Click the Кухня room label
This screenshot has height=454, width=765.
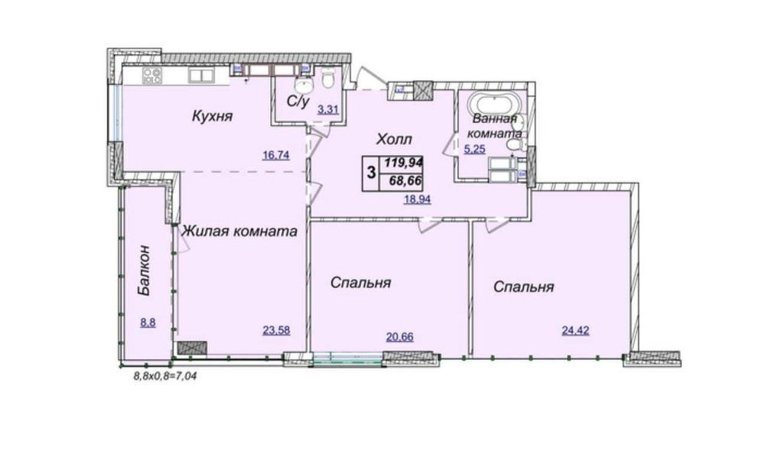[x=212, y=116]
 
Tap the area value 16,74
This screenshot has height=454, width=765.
[x=276, y=155]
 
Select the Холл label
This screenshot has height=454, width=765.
[x=394, y=139]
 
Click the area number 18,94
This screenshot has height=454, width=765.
[x=417, y=199]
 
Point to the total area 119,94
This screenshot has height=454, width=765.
[x=403, y=162]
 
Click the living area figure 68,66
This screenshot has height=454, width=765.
[x=405, y=181]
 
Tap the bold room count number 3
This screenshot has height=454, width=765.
[x=371, y=172]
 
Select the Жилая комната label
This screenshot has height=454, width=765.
[x=239, y=231]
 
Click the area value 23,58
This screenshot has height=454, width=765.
[x=277, y=330]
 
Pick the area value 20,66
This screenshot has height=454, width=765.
[x=399, y=336]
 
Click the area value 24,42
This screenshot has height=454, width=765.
[x=575, y=330]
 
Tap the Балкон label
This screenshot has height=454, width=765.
[x=146, y=271]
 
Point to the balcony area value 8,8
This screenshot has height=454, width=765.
[x=148, y=323]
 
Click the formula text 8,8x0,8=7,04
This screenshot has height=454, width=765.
[x=165, y=377]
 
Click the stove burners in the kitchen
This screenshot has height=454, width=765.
[x=151, y=76]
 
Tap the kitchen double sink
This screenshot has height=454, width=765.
[x=201, y=75]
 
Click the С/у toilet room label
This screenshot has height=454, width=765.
[x=298, y=102]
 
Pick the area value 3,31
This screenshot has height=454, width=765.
[x=328, y=109]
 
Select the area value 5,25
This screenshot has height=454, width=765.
[x=475, y=149]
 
